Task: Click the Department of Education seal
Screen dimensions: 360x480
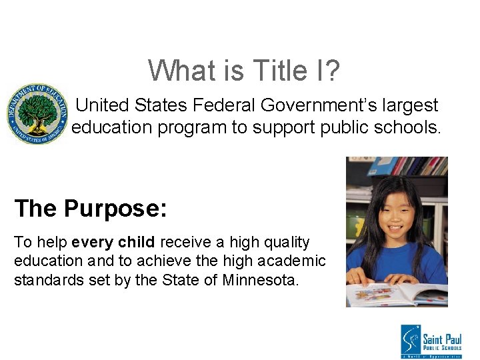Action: [x=37, y=114]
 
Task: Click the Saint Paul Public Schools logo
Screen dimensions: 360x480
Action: [x=431, y=341]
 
